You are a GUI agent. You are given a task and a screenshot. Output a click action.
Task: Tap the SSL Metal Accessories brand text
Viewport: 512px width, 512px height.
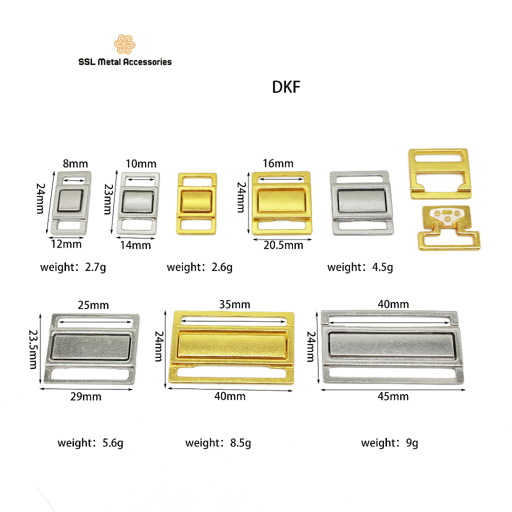point(124,62)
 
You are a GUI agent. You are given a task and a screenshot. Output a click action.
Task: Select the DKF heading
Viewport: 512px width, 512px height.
point(285,87)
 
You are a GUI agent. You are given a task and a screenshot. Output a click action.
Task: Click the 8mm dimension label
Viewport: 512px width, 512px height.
point(75,163)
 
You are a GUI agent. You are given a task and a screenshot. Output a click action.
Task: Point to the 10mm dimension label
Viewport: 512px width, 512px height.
point(141,164)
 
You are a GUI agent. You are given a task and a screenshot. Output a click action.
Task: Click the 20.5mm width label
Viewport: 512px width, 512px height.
point(283,245)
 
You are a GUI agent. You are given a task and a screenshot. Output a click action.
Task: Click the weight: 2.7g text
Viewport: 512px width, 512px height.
point(73,267)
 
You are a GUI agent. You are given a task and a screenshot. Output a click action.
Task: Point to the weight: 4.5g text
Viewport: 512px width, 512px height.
point(360,267)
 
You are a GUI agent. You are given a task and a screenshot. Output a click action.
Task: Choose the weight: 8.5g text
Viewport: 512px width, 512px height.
point(218,443)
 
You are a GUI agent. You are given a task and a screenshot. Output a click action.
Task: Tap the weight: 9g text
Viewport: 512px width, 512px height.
point(389,443)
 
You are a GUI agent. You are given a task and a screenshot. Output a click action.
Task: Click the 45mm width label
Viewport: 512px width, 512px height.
point(393,396)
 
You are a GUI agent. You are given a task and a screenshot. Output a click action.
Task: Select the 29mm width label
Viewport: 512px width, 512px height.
point(86,397)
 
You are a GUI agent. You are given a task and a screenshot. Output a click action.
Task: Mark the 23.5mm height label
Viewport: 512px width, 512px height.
point(32,348)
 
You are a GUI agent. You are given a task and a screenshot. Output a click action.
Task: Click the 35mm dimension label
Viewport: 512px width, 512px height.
point(235,304)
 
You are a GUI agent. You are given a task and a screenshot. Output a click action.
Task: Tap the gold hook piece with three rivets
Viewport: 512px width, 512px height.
point(448,227)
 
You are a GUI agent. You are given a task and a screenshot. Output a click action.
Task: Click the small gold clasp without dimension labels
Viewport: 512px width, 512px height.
point(197,203)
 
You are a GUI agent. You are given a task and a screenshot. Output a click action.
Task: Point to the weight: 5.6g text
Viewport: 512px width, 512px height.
point(90,443)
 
